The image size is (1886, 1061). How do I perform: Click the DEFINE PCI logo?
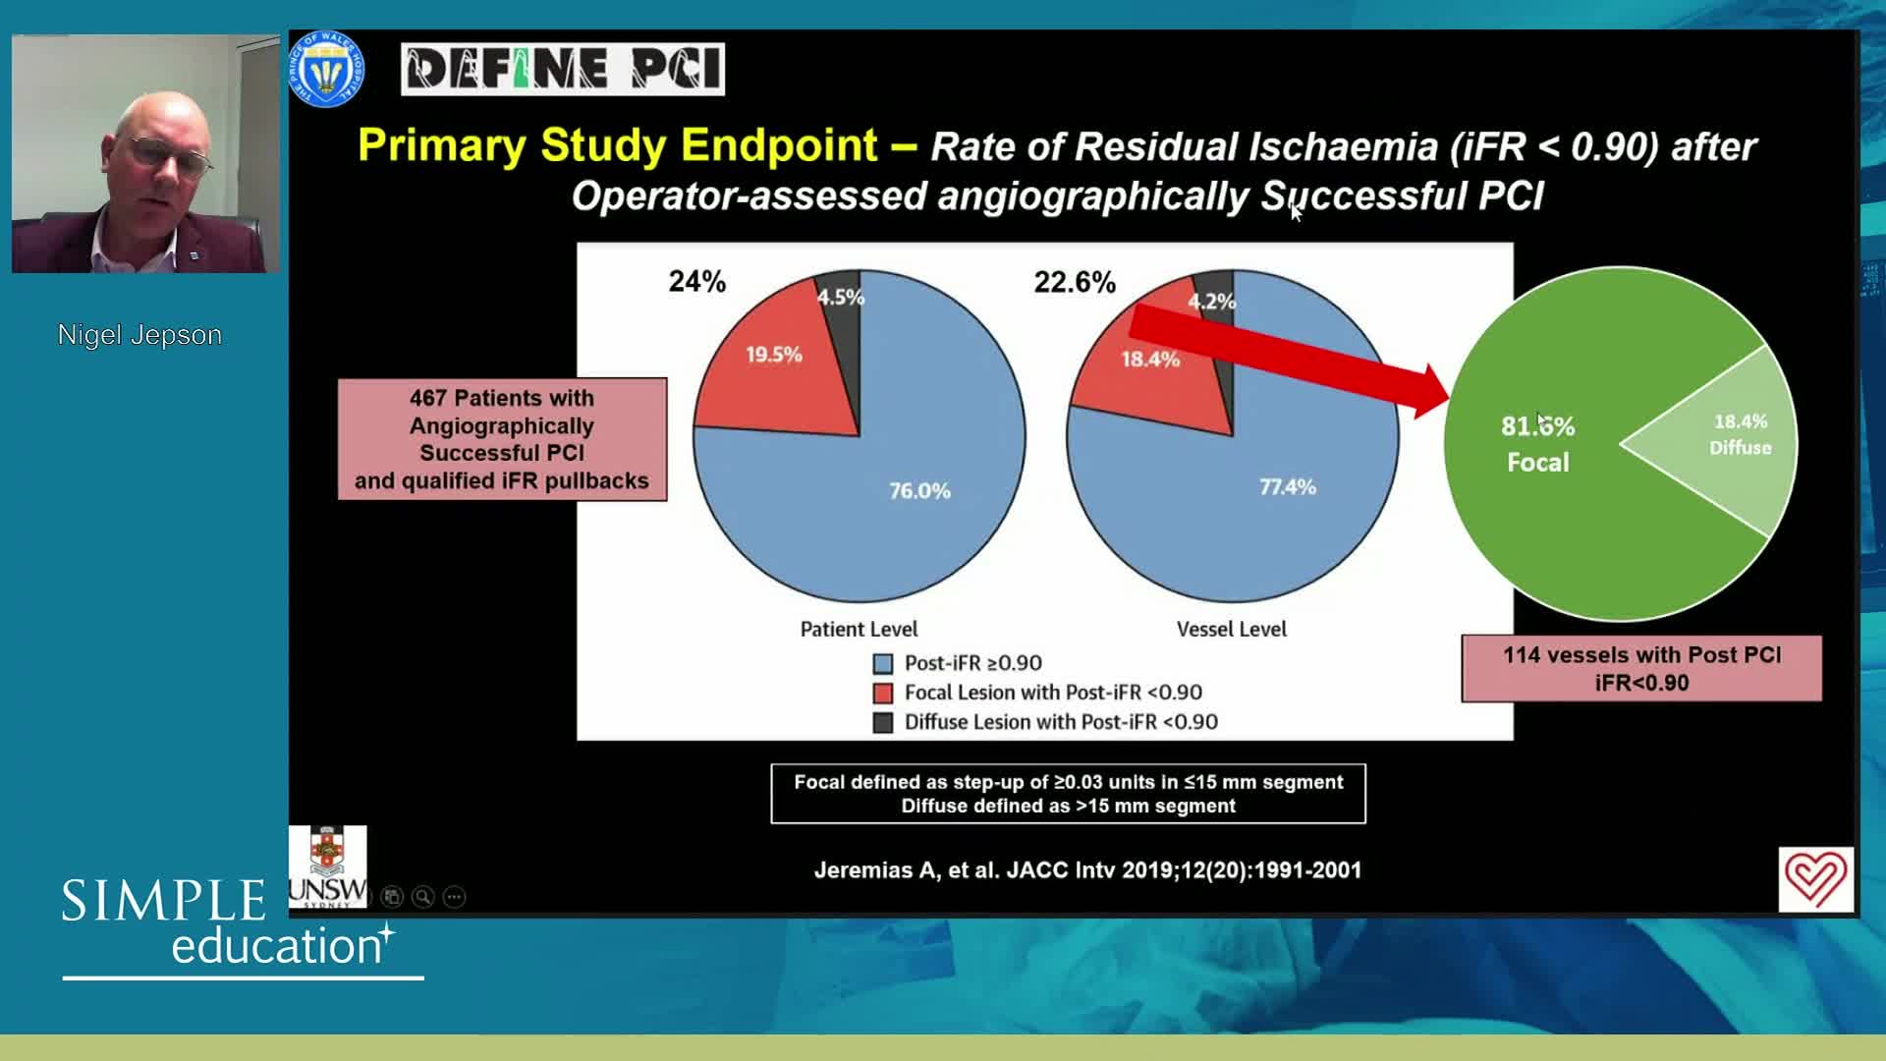click(563, 69)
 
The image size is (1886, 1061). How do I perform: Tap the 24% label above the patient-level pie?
click(697, 282)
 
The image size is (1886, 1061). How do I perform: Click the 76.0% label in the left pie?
click(919, 490)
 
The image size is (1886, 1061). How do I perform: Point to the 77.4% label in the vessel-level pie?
click(1288, 487)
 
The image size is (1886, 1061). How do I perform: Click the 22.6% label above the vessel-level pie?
click(1075, 283)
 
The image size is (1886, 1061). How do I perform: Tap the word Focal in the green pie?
click(1538, 463)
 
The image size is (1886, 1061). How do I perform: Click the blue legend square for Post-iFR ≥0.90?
click(883, 664)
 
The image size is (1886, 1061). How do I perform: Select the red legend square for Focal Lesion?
click(883, 694)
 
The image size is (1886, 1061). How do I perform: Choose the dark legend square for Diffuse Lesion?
click(883, 723)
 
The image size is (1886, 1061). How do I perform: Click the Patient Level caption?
click(859, 630)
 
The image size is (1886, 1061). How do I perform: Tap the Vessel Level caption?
click(1232, 630)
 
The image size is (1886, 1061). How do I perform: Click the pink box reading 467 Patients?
click(502, 439)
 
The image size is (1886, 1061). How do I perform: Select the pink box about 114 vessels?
click(1641, 669)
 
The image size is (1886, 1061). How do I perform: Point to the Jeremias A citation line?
click(1087, 870)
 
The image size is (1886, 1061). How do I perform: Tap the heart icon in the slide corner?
click(1815, 879)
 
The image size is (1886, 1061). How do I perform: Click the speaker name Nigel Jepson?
click(139, 335)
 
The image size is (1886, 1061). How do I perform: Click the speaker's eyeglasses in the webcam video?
click(171, 156)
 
